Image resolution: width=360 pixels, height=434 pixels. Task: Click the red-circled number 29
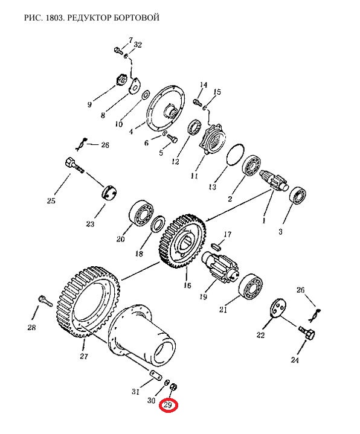tap(168, 405)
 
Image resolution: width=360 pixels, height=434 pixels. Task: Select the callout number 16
tap(187, 285)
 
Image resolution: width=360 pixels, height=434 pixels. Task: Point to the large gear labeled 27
tap(89, 301)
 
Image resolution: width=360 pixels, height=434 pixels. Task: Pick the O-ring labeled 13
tap(236, 155)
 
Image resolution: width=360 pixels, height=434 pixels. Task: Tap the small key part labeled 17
tap(216, 246)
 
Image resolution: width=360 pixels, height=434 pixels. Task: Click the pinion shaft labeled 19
tap(220, 266)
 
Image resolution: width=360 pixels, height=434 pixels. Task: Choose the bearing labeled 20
tap(141, 212)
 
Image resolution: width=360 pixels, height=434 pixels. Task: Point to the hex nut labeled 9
tap(121, 80)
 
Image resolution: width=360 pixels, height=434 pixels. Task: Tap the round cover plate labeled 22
tap(278, 307)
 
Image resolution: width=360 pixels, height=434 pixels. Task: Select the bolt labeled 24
tap(307, 333)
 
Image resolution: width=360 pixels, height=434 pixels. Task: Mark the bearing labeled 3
tap(297, 196)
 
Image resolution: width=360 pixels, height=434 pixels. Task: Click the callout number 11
tap(194, 176)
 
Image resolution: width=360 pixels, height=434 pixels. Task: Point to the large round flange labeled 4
tap(164, 107)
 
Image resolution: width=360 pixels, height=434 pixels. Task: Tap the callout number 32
tap(138, 45)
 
